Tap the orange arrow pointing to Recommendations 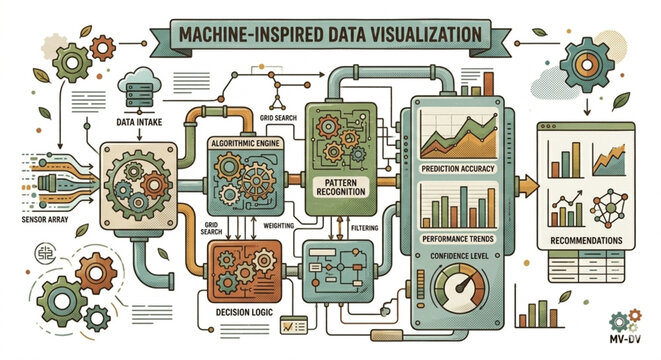(x=522, y=186)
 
